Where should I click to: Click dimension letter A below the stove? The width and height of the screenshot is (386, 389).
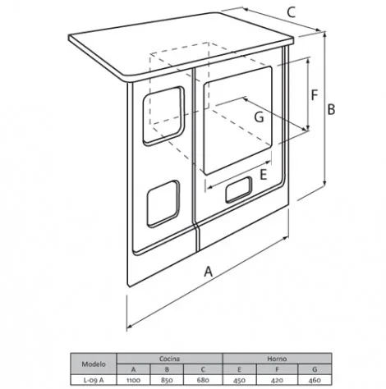pyautogui.click(x=209, y=272)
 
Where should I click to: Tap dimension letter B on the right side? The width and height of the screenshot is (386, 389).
pyautogui.click(x=331, y=109)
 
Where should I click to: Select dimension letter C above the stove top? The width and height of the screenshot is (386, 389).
pyautogui.click(x=292, y=12)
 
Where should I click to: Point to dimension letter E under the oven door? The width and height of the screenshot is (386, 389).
pyautogui.click(x=263, y=175)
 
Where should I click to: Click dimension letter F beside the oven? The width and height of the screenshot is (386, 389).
pyautogui.click(x=315, y=95)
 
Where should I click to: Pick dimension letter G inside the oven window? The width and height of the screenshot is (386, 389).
pyautogui.click(x=259, y=117)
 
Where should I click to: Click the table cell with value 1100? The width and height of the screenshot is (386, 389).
pyautogui.click(x=134, y=380)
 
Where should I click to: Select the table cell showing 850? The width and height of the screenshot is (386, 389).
pyautogui.click(x=167, y=380)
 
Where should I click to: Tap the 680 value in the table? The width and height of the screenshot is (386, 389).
pyautogui.click(x=203, y=380)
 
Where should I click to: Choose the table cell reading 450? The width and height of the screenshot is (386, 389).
pyautogui.click(x=239, y=380)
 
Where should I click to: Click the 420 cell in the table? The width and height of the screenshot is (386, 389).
pyautogui.click(x=277, y=380)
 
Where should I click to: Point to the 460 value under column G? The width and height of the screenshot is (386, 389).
pyautogui.click(x=315, y=380)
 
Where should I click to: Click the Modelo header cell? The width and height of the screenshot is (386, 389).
pyautogui.click(x=94, y=364)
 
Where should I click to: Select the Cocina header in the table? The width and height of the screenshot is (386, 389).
pyautogui.click(x=170, y=359)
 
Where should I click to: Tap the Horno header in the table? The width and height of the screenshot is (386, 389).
pyautogui.click(x=277, y=359)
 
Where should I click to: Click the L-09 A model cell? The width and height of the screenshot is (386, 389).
pyautogui.click(x=94, y=380)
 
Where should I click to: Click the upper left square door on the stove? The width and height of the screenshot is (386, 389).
pyautogui.click(x=163, y=116)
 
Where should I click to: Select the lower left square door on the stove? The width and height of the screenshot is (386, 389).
pyautogui.click(x=163, y=204)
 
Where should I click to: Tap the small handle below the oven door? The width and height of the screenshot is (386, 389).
pyautogui.click(x=239, y=190)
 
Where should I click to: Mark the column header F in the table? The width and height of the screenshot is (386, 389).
pyautogui.click(x=277, y=369)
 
